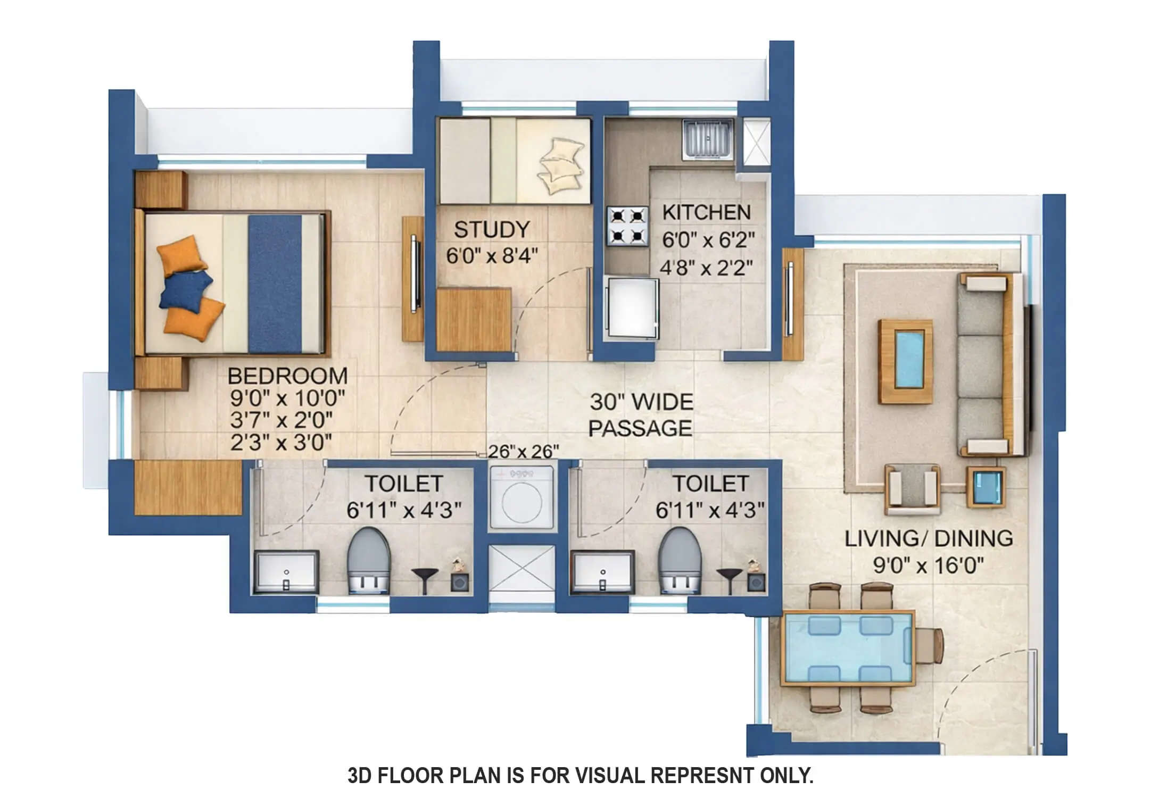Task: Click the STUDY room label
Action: pyautogui.click(x=492, y=230)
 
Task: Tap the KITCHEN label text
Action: pyautogui.click(x=706, y=213)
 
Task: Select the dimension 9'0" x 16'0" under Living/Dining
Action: pyautogui.click(x=928, y=565)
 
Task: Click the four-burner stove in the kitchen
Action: pyautogui.click(x=627, y=226)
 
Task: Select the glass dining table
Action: pyautogui.click(x=848, y=648)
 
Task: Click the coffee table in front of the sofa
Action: pyautogui.click(x=905, y=361)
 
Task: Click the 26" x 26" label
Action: pyautogui.click(x=523, y=452)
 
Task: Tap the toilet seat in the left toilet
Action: pyautogui.click(x=369, y=560)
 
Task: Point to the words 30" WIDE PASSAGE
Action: pyautogui.click(x=641, y=415)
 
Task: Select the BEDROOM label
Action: pyautogui.click(x=287, y=376)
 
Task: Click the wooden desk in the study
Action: pyautogui.click(x=474, y=319)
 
